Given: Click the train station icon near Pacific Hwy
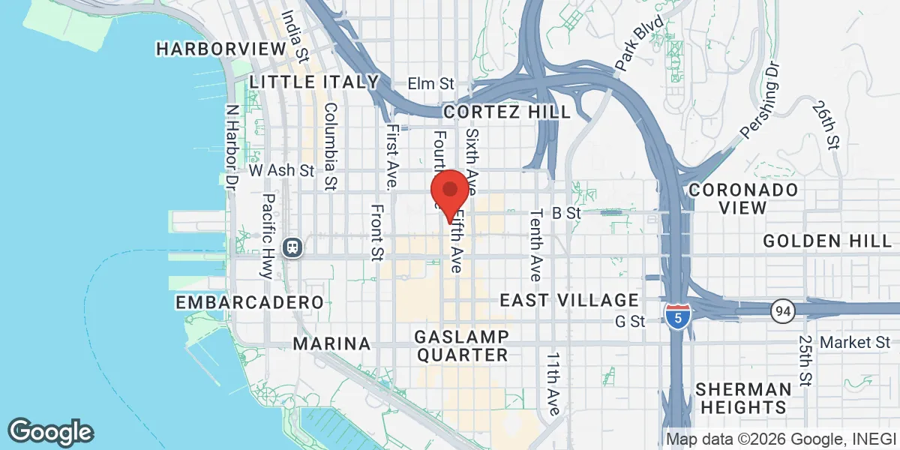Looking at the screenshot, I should tap(291, 246).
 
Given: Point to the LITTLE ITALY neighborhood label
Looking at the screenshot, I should tap(314, 82).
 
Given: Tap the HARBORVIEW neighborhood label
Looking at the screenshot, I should tap(221, 49).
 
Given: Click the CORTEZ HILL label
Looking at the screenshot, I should tap(506, 112).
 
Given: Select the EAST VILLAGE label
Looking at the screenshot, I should tap(569, 301).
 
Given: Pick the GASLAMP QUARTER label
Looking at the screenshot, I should tap(463, 345).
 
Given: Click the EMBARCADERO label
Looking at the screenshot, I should tap(249, 302).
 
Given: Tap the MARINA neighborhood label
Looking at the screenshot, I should tap(331, 343).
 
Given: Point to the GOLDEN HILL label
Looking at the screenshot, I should tap(828, 241).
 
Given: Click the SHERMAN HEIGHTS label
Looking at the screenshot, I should tap(742, 398).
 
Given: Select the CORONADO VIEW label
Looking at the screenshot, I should tap(743, 199).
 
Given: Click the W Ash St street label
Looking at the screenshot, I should tap(281, 171).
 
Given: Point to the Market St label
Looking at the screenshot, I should tap(855, 343).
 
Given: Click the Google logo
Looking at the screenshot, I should tap(50, 431).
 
